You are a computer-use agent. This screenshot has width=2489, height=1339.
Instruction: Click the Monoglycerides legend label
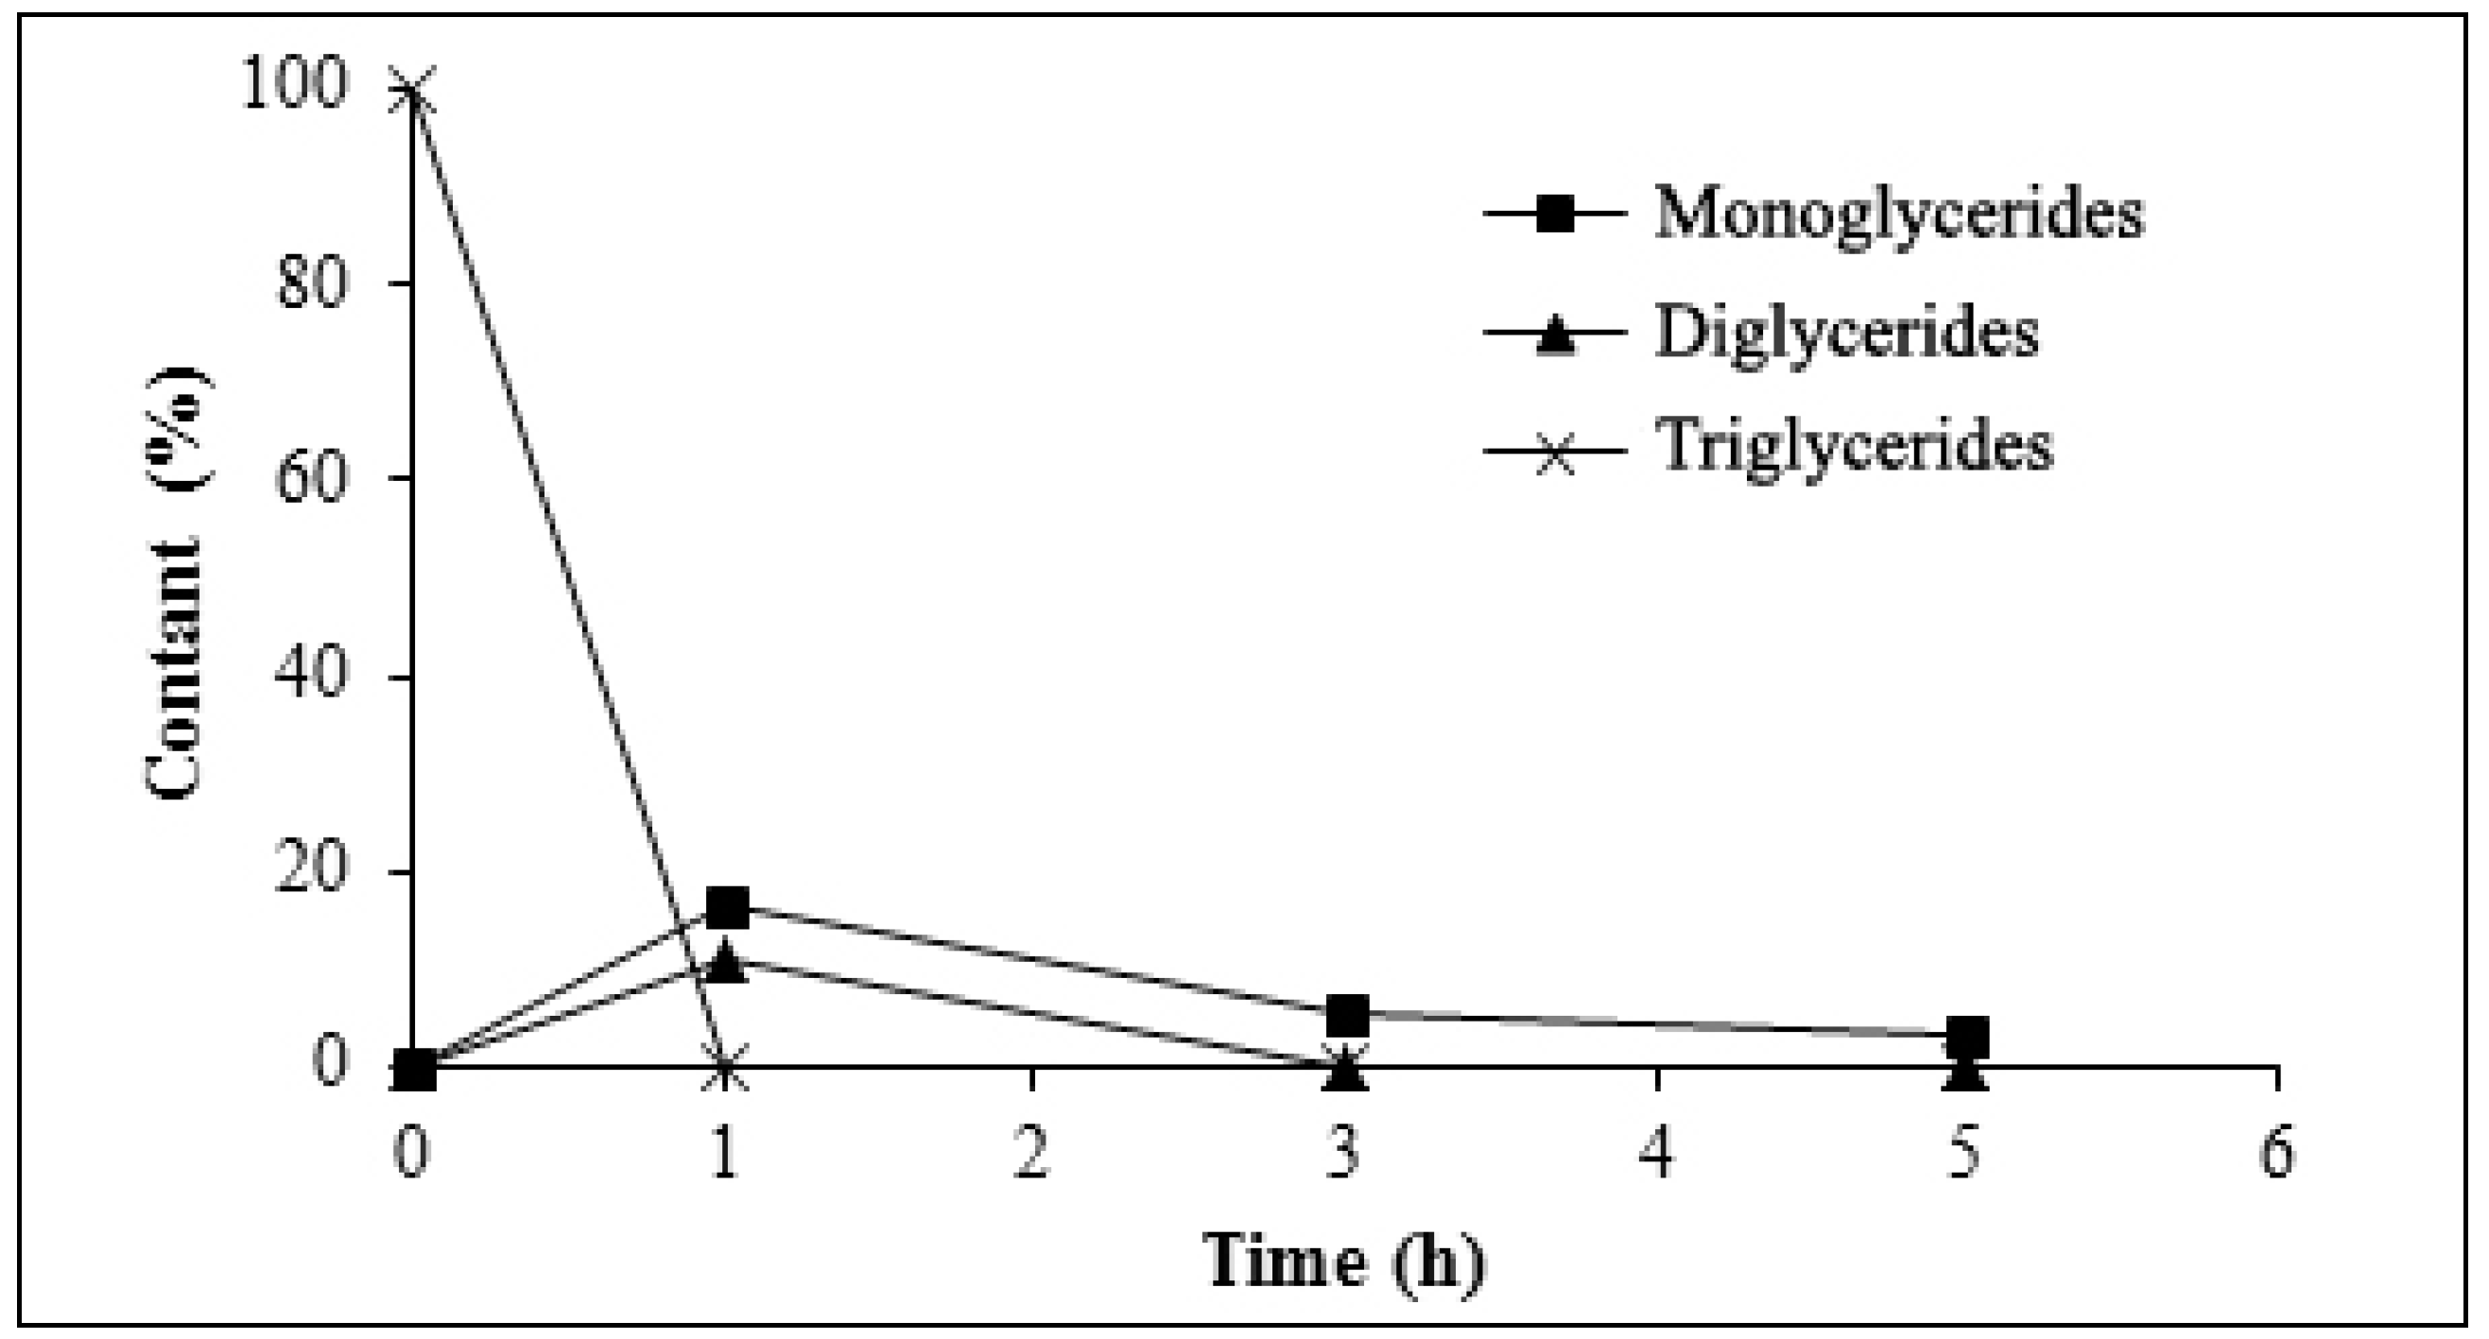click(1898, 214)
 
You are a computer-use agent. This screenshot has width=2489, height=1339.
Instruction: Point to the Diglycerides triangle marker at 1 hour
click(727, 962)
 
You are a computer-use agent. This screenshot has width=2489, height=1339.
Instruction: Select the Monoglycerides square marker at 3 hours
click(1347, 1014)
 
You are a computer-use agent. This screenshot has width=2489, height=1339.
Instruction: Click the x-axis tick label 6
click(2277, 1155)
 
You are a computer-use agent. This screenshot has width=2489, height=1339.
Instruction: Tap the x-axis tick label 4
click(1657, 1155)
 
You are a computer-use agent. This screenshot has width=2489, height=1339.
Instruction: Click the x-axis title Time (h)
click(1343, 1262)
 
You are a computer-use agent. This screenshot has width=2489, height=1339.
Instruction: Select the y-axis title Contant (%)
click(179, 579)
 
